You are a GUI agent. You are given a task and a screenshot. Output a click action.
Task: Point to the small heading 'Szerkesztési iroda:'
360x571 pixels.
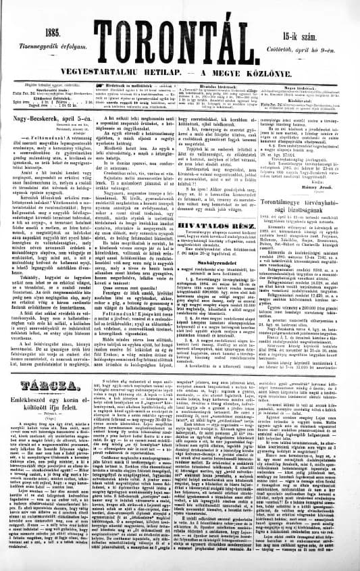click(x=48, y=88)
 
